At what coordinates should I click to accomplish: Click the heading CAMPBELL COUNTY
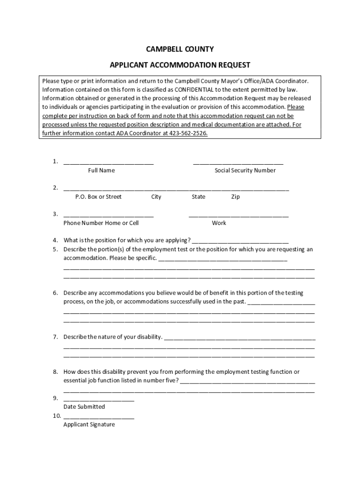[180, 49]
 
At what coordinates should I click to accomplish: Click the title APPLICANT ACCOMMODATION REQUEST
[180, 65]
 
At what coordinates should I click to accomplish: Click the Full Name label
[101, 170]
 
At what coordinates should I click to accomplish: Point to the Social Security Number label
[245, 170]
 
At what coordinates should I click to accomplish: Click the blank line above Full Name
[108, 163]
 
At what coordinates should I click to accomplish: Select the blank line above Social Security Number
[238, 163]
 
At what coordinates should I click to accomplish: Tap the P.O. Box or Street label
[98, 197]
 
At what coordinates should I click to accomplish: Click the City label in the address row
[156, 197]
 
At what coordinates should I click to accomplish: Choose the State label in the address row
[198, 197]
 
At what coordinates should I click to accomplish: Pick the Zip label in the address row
[236, 197]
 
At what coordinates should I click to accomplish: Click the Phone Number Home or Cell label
[101, 223]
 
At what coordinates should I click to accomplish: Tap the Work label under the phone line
[219, 223]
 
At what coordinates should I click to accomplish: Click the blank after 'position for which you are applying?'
[240, 242]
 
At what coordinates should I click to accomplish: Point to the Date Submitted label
[84, 407]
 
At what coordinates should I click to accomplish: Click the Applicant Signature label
[89, 425]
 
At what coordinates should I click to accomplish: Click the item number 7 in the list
[55, 337]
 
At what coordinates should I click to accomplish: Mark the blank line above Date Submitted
[99, 400]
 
